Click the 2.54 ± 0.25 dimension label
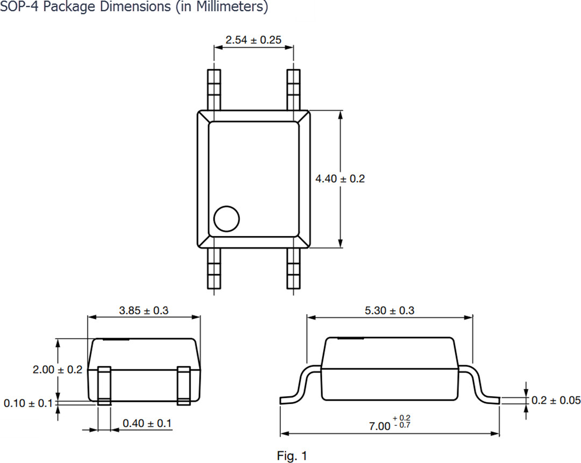coord(253,40)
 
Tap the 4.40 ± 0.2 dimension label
coord(340,179)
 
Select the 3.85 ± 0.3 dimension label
coord(144,310)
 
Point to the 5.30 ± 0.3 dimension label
coord(389,310)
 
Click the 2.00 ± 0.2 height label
coord(58,369)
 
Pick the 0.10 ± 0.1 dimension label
coord(28,403)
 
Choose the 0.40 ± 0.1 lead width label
coord(147,423)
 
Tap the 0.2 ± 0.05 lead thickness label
coord(556,400)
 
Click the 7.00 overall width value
coord(379,426)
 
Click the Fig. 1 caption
coord(292,455)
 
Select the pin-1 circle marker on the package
coord(226,218)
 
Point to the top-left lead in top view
coord(214,90)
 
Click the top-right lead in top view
coord(294,90)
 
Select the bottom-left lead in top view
coord(214,268)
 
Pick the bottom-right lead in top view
coord(294,268)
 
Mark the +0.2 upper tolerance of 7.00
coord(402,418)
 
